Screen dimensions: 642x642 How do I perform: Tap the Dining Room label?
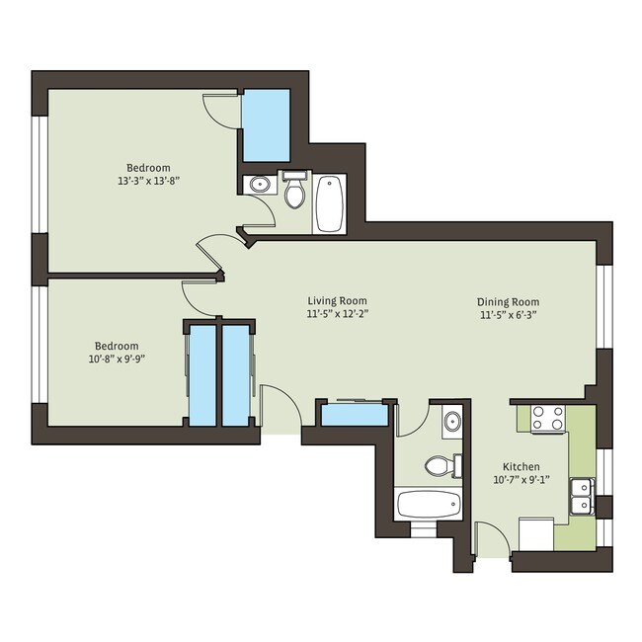click(x=508, y=302)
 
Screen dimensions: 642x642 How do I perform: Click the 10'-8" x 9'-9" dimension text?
click(x=117, y=361)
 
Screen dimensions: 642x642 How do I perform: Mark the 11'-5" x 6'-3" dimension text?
click(x=508, y=316)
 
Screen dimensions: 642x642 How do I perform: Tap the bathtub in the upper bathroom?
click(x=329, y=202)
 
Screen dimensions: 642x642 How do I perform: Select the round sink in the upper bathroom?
click(x=260, y=185)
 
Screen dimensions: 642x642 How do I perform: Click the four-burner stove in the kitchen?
click(x=548, y=419)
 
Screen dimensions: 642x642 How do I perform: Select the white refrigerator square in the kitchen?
click(x=535, y=534)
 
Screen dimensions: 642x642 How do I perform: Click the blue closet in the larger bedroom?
click(x=266, y=125)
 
